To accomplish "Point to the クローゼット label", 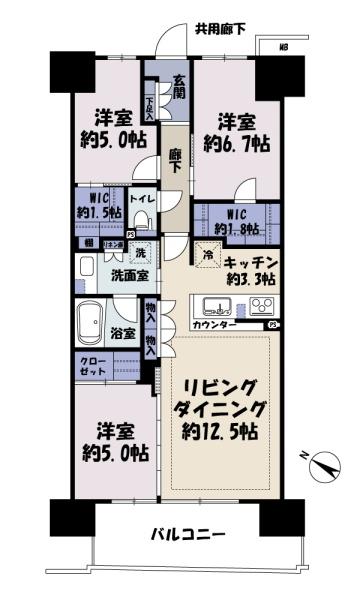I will pyautogui.click(x=85, y=372).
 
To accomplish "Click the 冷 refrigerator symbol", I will pyautogui.click(x=209, y=255).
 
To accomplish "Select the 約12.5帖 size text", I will pyautogui.click(x=221, y=432).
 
